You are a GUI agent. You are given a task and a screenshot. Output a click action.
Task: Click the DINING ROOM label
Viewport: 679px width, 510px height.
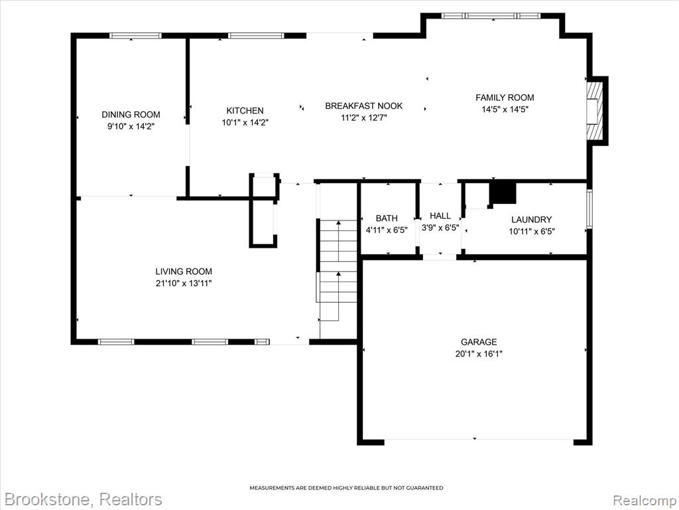pos(131,114)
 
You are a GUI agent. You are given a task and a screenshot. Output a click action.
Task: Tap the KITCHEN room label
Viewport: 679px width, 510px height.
pos(245,111)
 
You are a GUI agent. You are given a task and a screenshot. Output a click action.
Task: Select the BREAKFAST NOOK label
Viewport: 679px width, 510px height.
pos(364,106)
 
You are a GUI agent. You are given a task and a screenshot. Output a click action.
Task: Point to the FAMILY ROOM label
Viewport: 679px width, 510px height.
pos(505,98)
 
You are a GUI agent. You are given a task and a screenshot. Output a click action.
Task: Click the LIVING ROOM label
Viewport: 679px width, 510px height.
pos(184,272)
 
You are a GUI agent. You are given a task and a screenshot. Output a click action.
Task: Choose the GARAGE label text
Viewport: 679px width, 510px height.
pos(479,342)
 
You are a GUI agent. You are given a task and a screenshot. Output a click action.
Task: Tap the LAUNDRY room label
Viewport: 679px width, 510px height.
pos(531,219)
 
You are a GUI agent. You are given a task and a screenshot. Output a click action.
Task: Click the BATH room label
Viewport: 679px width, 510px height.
pos(387,218)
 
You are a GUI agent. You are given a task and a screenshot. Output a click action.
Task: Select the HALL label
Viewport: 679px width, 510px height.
pos(440,216)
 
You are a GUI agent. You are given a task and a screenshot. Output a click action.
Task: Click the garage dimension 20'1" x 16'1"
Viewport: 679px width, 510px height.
pos(479,354)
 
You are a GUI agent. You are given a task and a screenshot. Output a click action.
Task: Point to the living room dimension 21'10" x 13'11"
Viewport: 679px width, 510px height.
pos(184,284)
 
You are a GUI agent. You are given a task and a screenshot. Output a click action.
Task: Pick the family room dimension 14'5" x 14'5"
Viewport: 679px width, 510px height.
pos(505,110)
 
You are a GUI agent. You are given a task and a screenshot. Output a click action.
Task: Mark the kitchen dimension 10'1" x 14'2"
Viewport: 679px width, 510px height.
pos(245,123)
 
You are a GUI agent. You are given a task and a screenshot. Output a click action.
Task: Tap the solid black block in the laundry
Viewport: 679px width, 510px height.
pos(503,193)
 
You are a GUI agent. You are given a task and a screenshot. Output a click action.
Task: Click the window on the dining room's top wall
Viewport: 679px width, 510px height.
pos(135,36)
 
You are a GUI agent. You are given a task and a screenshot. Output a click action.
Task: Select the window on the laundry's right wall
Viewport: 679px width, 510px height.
pos(589,209)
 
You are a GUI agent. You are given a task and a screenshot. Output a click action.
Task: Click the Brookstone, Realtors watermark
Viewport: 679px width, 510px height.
pos(83,499)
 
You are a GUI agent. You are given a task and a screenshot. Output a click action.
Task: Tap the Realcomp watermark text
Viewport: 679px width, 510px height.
pos(643,500)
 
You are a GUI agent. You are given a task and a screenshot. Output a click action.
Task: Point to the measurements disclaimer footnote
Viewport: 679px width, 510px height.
pos(346,488)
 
